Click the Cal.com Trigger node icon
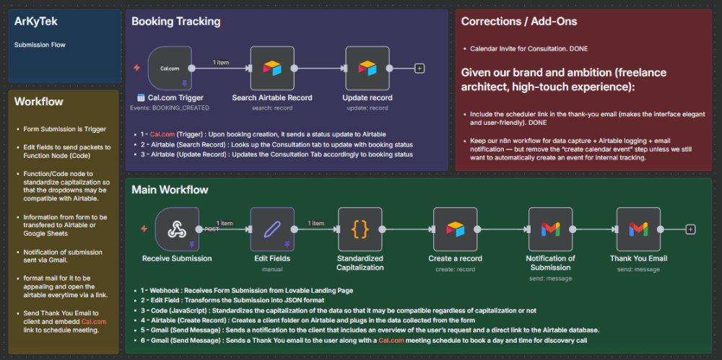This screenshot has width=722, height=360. (x=170, y=69)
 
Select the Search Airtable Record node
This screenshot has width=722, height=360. (x=272, y=69)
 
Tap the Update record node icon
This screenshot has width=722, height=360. (x=367, y=69)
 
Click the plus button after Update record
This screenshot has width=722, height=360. (x=419, y=69)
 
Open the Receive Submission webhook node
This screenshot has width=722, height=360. (x=177, y=229)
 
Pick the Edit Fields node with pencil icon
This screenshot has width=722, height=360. (x=272, y=229)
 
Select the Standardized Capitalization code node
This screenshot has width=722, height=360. (x=360, y=229)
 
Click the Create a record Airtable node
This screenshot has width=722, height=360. (x=455, y=229)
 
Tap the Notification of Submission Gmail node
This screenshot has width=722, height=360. (x=550, y=229)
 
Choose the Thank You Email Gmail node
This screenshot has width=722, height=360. (x=638, y=229)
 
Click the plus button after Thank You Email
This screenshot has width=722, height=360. (x=690, y=229)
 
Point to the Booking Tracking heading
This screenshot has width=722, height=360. (x=175, y=22)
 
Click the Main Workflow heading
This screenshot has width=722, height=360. (x=170, y=190)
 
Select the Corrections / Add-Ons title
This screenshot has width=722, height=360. (x=518, y=22)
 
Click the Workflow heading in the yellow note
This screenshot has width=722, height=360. (x=38, y=102)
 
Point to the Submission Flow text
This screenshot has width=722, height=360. (x=40, y=45)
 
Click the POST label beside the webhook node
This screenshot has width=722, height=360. (x=212, y=229)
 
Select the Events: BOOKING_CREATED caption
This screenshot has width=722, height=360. (x=170, y=107)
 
